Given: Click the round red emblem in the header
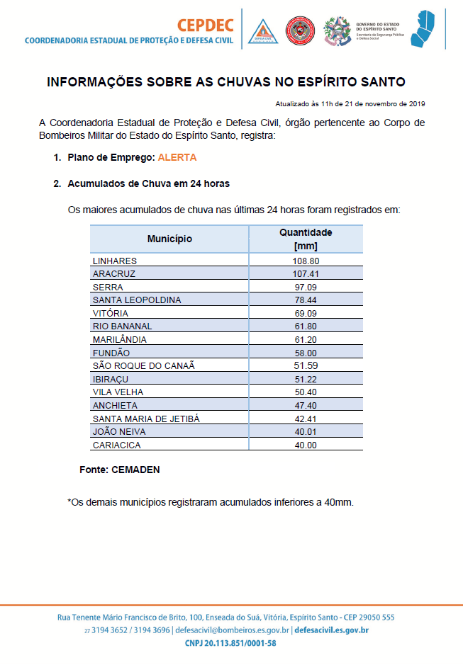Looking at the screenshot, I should click(x=300, y=31).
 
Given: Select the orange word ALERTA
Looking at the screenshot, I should click(x=178, y=157).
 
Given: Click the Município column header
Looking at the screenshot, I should click(x=169, y=239).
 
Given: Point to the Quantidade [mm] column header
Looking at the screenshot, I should click(x=306, y=239).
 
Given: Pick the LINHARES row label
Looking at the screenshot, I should click(x=114, y=261).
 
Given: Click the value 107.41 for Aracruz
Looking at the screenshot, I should click(x=306, y=273).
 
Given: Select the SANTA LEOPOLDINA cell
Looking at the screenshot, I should click(x=136, y=300).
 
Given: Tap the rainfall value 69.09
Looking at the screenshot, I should click(x=306, y=313).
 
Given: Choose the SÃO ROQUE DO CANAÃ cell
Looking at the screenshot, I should click(x=143, y=365).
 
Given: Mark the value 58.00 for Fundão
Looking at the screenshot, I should click(x=306, y=353).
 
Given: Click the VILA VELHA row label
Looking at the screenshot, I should click(x=118, y=392).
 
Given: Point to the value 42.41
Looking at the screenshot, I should click(x=306, y=419).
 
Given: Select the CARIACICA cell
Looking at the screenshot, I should click(x=116, y=445).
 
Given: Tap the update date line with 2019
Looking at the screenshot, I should click(x=350, y=103).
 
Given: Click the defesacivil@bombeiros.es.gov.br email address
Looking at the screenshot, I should click(x=231, y=630).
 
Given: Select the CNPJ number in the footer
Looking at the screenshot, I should click(x=230, y=643).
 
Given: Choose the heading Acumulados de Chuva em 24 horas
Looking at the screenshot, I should click(x=148, y=183).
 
